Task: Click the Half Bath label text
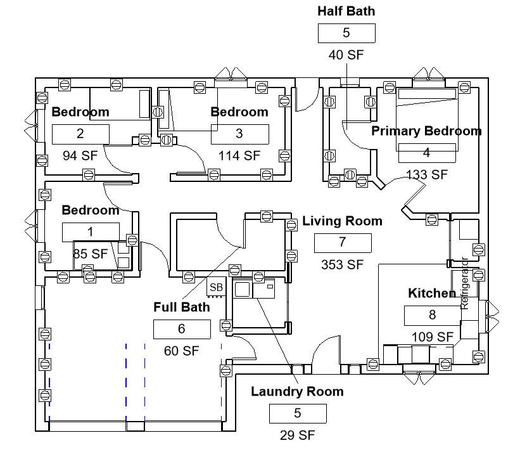click(346, 11)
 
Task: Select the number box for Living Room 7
click(343, 243)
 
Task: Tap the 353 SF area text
click(342, 264)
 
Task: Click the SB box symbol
click(217, 287)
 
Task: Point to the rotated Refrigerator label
click(465, 283)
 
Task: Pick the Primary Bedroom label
click(426, 131)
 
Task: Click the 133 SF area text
click(427, 174)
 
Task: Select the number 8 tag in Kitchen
click(433, 316)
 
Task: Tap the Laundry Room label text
click(297, 392)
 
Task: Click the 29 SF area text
click(297, 435)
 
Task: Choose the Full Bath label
click(182, 307)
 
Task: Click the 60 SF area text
click(181, 351)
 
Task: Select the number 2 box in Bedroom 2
click(80, 134)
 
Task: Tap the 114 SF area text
click(239, 156)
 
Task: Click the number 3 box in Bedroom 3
click(240, 134)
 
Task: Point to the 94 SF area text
click(80, 155)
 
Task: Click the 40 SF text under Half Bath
click(346, 55)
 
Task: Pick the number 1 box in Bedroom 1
click(91, 232)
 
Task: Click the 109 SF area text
click(433, 337)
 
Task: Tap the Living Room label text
click(342, 221)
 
